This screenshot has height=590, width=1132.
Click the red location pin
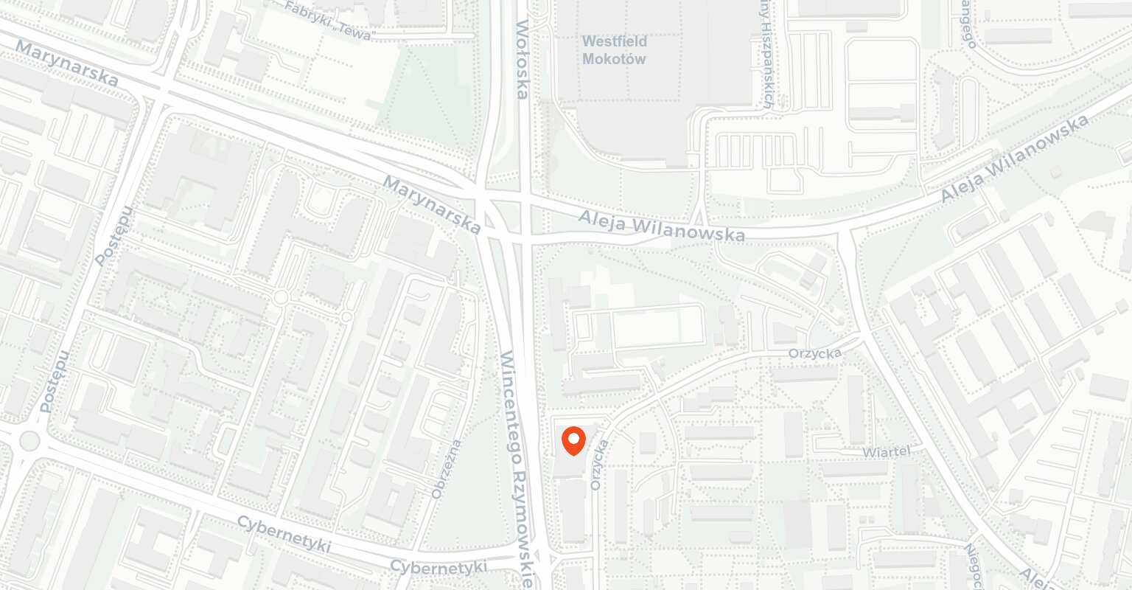573,440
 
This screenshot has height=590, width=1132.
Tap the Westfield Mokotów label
613,49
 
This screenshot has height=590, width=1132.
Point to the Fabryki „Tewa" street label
331,21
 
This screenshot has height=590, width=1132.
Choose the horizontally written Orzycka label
814,354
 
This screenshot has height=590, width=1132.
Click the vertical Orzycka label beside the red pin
599,465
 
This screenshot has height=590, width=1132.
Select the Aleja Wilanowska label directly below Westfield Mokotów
661,226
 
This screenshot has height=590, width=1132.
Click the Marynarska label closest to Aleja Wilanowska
432,205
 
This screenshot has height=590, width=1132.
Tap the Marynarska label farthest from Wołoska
66,63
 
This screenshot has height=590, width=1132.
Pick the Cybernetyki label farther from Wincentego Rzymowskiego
284,535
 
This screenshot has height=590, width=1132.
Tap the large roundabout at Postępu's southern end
28,441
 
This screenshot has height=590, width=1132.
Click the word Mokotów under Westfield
613,59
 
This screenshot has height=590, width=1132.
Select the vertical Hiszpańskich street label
766,55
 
